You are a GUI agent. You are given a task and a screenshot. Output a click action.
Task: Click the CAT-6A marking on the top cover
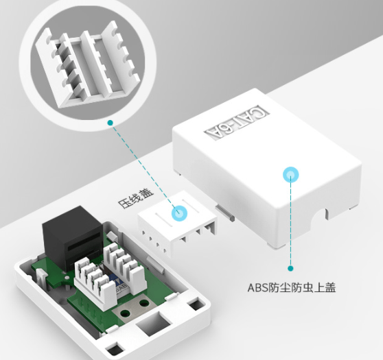tap(237, 123)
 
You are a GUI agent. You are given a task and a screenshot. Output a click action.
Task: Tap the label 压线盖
tap(136, 199)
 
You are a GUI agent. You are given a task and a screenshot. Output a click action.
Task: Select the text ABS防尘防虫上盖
tap(292, 287)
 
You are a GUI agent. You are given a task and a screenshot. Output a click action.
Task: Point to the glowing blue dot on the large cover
tap(290, 174)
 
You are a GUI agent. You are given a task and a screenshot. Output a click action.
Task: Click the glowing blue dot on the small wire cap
tap(179, 213)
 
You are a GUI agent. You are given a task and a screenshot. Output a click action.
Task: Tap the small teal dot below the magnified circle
tap(111, 123)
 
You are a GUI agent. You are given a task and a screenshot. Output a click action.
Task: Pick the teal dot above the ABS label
tap(290, 269)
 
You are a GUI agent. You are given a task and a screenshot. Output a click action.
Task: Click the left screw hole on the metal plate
tap(126, 313)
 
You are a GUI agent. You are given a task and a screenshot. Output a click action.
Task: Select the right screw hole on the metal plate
tap(144, 303)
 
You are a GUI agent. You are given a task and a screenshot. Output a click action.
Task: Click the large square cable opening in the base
tap(153, 323)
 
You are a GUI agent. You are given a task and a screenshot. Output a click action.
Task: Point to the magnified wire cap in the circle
tap(87, 66)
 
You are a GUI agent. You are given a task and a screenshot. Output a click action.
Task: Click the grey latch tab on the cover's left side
tap(224, 213)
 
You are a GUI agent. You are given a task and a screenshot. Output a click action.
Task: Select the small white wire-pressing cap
tap(178, 224)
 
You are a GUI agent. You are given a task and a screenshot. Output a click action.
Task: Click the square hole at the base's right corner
tap(197, 305)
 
